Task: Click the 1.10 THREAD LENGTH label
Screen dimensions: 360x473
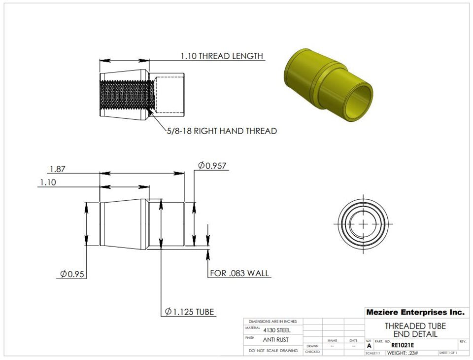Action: point(222,56)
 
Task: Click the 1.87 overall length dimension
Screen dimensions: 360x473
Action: point(57,169)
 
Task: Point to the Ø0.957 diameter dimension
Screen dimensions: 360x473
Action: point(212,166)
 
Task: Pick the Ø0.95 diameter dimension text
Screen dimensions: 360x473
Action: point(72,274)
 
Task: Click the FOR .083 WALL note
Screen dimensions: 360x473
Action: point(240,273)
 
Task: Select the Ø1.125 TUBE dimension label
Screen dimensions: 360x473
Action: point(190,312)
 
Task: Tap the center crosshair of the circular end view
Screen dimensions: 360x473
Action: point(364,223)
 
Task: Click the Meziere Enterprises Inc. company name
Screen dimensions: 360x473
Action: point(415,312)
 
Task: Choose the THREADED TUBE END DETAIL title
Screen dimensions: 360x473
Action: point(415,330)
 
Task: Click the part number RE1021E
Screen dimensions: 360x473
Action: point(402,345)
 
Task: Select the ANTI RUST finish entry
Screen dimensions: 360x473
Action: point(276,339)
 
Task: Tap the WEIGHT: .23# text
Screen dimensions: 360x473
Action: point(403,353)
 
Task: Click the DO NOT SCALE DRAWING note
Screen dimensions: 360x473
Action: point(273,351)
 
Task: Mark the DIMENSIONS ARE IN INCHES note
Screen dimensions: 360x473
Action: point(273,321)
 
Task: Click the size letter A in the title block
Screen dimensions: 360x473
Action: point(369,346)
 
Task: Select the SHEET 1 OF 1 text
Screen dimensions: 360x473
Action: point(447,353)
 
